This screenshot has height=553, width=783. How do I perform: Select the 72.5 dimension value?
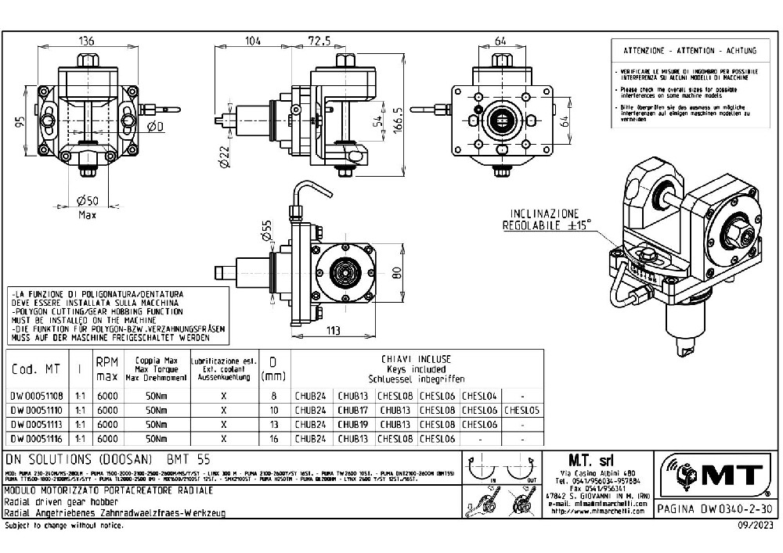click(x=318, y=39)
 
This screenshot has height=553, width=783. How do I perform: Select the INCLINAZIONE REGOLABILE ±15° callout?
click(x=549, y=220)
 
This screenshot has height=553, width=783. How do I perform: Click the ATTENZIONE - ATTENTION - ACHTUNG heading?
click(x=689, y=51)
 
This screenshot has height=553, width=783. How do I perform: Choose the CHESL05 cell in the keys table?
click(x=521, y=410)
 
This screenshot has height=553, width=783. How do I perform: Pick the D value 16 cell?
click(x=273, y=439)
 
